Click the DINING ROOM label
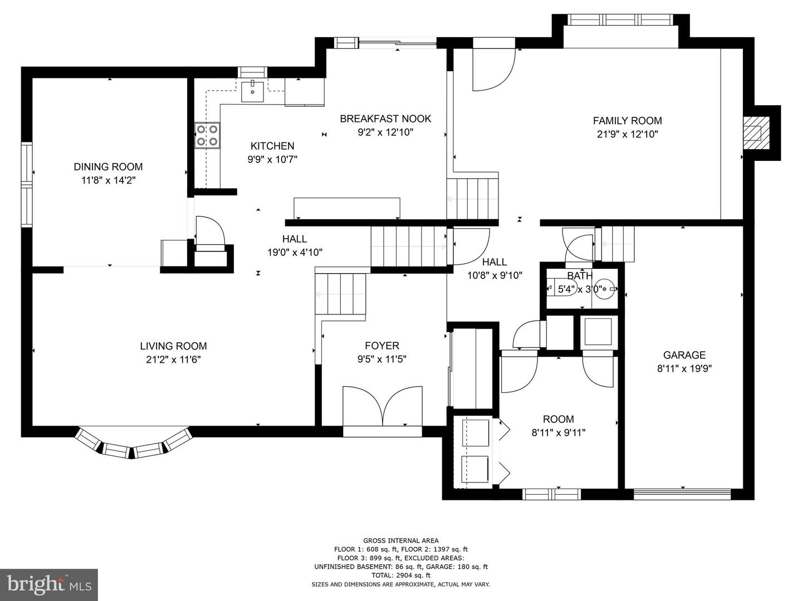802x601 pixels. click(x=108, y=167)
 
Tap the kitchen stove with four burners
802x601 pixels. click(x=207, y=135)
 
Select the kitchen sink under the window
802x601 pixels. click(x=252, y=92)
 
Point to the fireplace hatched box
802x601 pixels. click(x=756, y=133)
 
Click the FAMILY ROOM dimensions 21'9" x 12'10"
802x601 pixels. click(x=627, y=134)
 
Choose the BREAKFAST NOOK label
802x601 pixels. click(x=385, y=119)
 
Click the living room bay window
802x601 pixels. click(x=133, y=444)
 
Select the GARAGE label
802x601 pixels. click(x=684, y=354)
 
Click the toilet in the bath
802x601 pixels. click(x=563, y=288)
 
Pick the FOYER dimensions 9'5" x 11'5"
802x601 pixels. click(x=382, y=359)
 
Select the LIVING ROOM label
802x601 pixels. click(x=174, y=346)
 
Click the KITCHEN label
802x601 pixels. click(x=272, y=146)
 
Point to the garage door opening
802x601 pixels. click(x=682, y=494)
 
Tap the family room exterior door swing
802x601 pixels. click(x=494, y=70)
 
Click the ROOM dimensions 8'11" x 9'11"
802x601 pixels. click(x=558, y=433)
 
